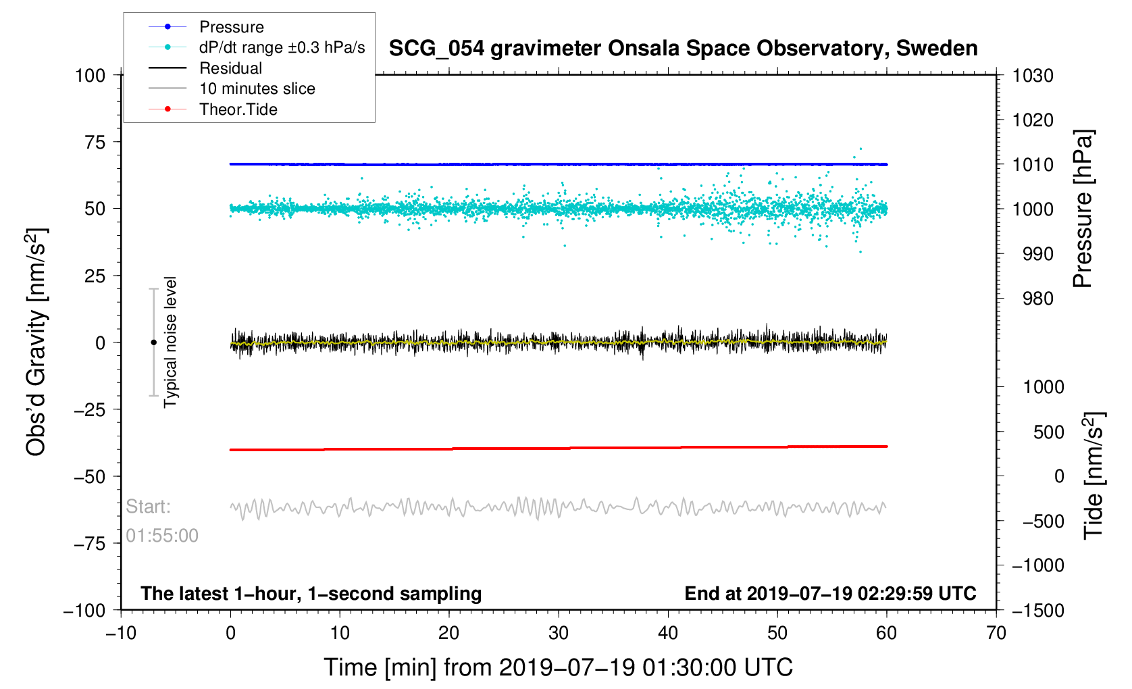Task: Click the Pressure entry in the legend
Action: click(x=231, y=27)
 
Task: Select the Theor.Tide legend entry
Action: click(x=238, y=109)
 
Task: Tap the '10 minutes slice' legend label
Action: click(x=257, y=88)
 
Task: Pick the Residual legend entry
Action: click(x=230, y=68)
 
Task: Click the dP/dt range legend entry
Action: click(x=282, y=47)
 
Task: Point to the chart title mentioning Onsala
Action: click(x=683, y=49)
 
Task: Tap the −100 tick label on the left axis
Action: click(x=84, y=611)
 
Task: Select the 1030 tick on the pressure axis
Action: click(x=1033, y=76)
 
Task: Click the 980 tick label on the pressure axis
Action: click(x=1033, y=299)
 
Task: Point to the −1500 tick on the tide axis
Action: click(x=1037, y=611)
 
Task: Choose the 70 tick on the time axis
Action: click(x=996, y=634)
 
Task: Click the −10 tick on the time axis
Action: click(x=121, y=634)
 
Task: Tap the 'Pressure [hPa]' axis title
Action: click(x=1083, y=209)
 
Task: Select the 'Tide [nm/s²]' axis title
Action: click(x=1094, y=476)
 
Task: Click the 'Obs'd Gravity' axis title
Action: click(x=36, y=342)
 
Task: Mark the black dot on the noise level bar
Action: click(x=153, y=342)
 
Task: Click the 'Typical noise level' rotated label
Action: click(x=170, y=342)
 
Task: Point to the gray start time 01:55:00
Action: click(x=162, y=536)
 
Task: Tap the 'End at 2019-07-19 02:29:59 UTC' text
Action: click(x=830, y=594)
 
